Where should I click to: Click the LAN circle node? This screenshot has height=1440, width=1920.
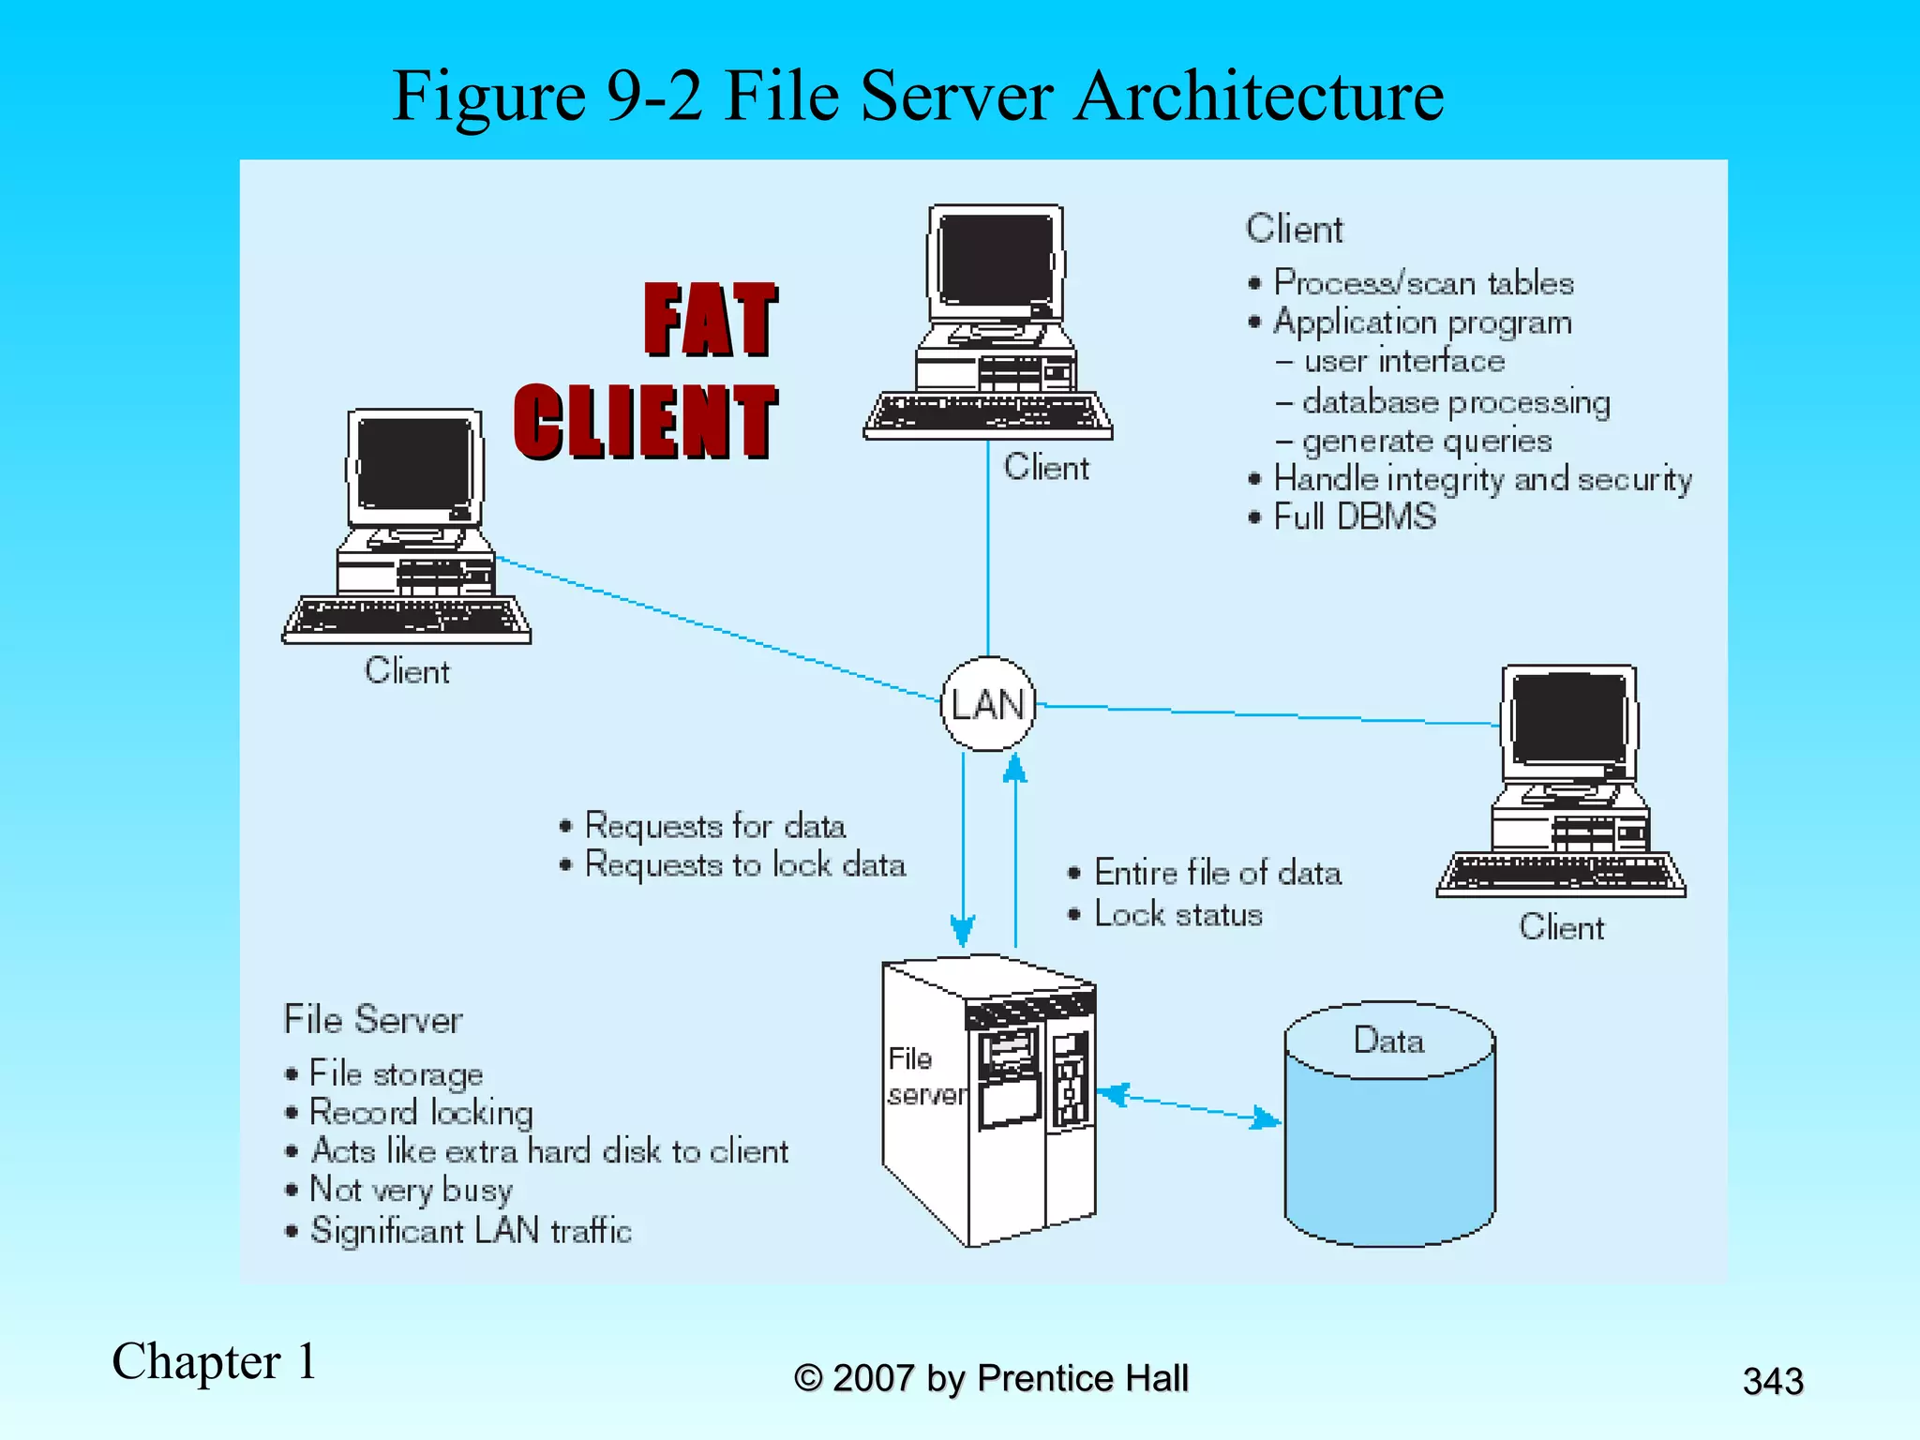click(987, 703)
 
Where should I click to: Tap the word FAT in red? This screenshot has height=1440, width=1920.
click(711, 321)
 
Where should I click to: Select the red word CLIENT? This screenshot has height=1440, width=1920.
click(646, 422)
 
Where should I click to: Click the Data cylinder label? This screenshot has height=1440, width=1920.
click(1388, 1041)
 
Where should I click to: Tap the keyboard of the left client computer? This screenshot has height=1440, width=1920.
click(407, 619)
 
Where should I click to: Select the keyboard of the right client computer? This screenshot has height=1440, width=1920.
click(1561, 874)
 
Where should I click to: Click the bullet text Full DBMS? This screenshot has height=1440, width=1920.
click(1354, 517)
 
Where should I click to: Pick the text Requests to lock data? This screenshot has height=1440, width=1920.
click(744, 864)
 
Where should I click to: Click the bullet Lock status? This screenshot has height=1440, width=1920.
click(1177, 914)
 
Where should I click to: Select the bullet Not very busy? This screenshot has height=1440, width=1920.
click(411, 1190)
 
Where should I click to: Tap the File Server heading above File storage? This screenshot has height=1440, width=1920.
click(373, 1019)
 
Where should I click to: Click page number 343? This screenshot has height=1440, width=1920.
click(1772, 1381)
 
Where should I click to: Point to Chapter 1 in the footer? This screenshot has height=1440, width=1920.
click(215, 1361)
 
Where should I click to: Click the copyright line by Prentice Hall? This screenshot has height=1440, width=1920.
click(991, 1378)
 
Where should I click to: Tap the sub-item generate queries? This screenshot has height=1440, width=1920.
click(1426, 441)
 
